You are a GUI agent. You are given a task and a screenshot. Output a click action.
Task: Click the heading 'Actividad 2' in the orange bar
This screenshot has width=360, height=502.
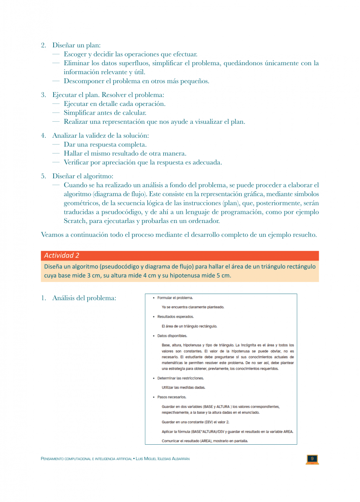click(x=62, y=256)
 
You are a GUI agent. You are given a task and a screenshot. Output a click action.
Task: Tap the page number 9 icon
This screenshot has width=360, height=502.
click(x=312, y=459)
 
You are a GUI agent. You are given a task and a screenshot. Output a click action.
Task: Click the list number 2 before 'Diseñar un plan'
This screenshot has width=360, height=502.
click(x=44, y=45)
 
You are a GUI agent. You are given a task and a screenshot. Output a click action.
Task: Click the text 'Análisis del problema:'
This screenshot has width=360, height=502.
click(x=84, y=298)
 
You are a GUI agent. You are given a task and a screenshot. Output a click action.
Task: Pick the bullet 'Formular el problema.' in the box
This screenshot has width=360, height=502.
click(x=175, y=298)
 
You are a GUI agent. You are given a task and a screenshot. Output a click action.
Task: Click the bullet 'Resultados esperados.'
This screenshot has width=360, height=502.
click(x=175, y=317)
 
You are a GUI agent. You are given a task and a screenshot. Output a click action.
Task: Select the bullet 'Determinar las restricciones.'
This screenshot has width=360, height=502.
click(x=180, y=378)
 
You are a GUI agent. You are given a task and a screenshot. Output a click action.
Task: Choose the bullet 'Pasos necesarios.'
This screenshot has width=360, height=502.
click(x=172, y=397)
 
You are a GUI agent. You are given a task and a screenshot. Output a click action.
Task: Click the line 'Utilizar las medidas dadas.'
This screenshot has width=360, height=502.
click(x=183, y=387)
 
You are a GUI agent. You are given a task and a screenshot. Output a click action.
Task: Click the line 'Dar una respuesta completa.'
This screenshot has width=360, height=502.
click(x=105, y=144)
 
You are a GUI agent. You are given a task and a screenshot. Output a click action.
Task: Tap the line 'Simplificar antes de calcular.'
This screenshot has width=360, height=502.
click(x=105, y=113)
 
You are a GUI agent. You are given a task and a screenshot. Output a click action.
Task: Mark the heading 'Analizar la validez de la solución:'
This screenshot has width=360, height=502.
click(x=100, y=136)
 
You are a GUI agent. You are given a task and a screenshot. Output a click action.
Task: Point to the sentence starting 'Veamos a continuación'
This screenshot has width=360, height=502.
click(x=179, y=235)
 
